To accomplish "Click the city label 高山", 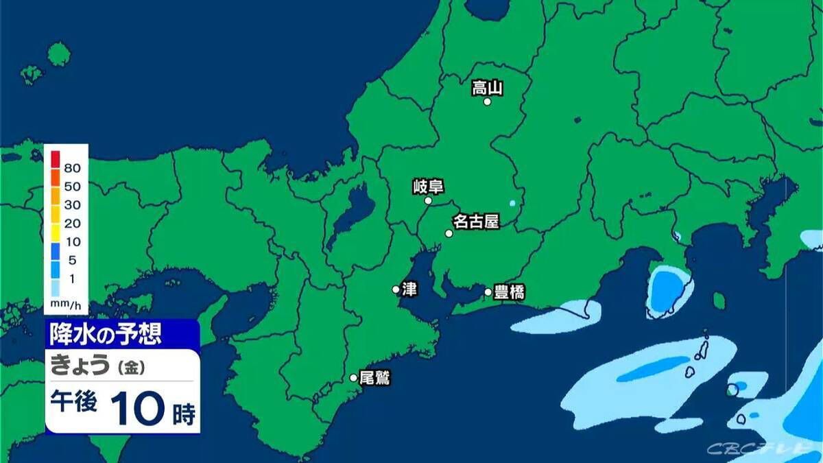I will pyautogui.click(x=488, y=87).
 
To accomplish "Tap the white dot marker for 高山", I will pyautogui.click(x=488, y=102).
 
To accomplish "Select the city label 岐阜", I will pyautogui.click(x=429, y=186).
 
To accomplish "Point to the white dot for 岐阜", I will pyautogui.click(x=429, y=201).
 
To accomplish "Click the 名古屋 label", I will pyautogui.click(x=475, y=222).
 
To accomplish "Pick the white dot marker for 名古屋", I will pyautogui.click(x=449, y=233).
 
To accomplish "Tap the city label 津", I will pyautogui.click(x=409, y=289).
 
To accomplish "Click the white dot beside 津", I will pyautogui.click(x=396, y=289).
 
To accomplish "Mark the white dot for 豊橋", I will pyautogui.click(x=488, y=292).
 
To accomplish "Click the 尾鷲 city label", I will pyautogui.click(x=374, y=377).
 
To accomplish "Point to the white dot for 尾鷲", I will pyautogui.click(x=354, y=377).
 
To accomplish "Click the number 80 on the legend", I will pyautogui.click(x=73, y=168).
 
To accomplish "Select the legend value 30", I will pyautogui.click(x=73, y=204).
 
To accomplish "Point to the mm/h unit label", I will pyautogui.click(x=66, y=302).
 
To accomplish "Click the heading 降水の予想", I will pyautogui.click(x=105, y=334).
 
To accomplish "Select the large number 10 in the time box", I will pyautogui.click(x=137, y=409).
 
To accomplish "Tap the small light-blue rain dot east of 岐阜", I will pyautogui.click(x=512, y=203).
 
